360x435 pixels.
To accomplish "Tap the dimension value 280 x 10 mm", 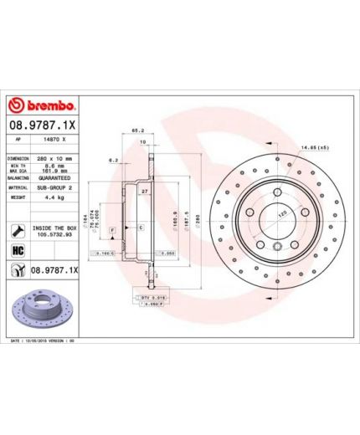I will [58, 158].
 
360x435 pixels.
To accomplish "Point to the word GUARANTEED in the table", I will [60, 178].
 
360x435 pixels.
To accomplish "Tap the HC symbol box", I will [17, 250].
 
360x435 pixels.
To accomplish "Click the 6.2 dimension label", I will [112, 160].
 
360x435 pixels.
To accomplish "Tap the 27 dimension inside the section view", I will [145, 192].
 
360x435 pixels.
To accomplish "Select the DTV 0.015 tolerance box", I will [149, 296].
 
